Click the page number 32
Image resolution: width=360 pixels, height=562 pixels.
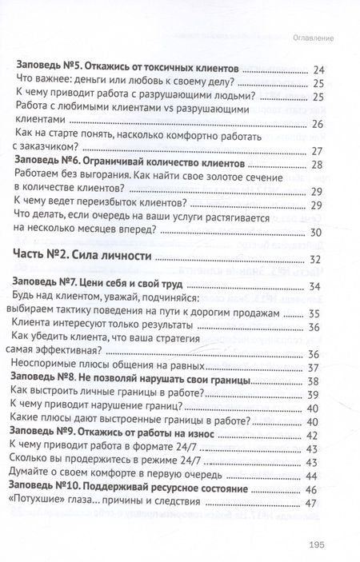314,260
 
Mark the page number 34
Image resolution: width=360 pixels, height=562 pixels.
314,287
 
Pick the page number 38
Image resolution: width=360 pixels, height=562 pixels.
314,381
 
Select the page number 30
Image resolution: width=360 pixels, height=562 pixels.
314,233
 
